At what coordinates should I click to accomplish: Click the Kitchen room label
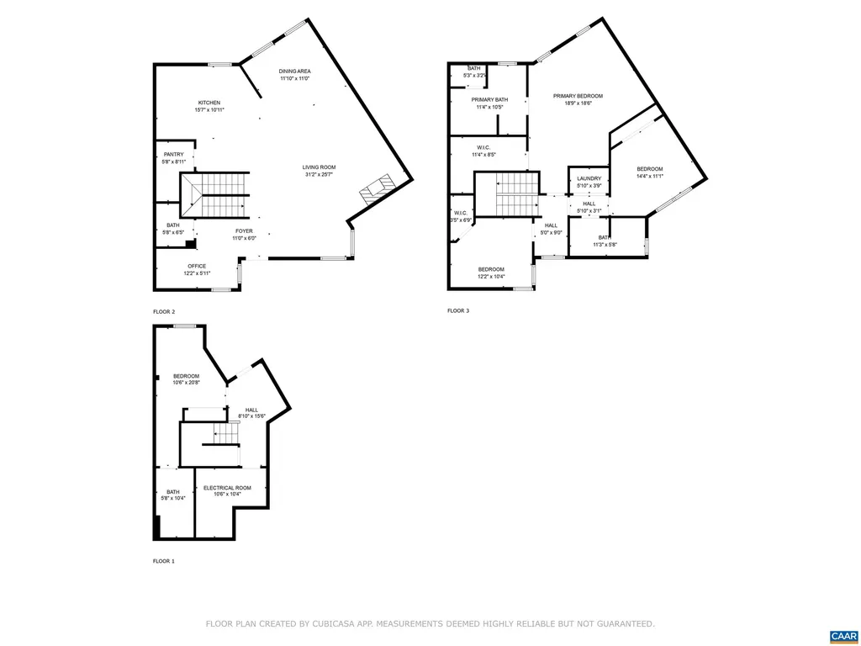tap(209, 103)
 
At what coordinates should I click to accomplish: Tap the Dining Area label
tap(294, 71)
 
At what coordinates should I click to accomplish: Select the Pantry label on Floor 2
tap(173, 154)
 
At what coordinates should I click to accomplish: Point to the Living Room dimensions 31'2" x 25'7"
tap(319, 175)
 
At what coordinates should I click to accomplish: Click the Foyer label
tap(244, 230)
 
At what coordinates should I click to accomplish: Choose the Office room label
tap(197, 266)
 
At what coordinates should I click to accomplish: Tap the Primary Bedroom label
tap(578, 96)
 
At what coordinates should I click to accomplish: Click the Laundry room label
tap(589, 178)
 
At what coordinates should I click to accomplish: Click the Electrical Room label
tap(227, 488)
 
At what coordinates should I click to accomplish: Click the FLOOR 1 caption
tap(164, 561)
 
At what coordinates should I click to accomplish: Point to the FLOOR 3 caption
tap(458, 311)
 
